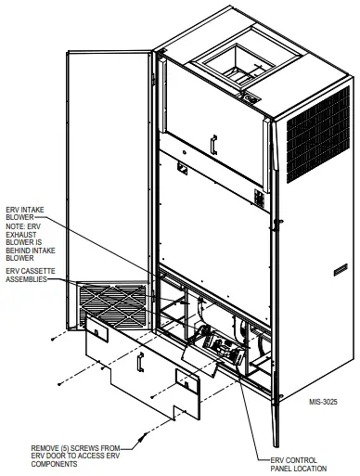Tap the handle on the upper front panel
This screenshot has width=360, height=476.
[x=213, y=145]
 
